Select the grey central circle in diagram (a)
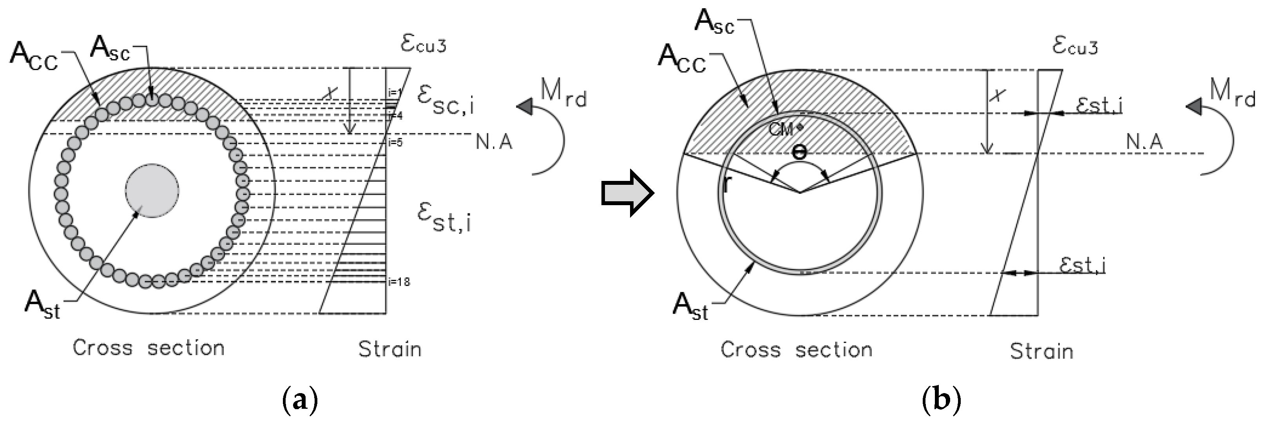pos(152,191)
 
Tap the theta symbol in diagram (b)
pos(799,153)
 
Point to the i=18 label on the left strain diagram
pos(398,282)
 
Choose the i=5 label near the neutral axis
pos(395,143)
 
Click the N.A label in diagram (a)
pos(494,142)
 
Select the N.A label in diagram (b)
pos(1144,142)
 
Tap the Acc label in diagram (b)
pos(681,60)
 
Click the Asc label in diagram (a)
pos(110,49)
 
